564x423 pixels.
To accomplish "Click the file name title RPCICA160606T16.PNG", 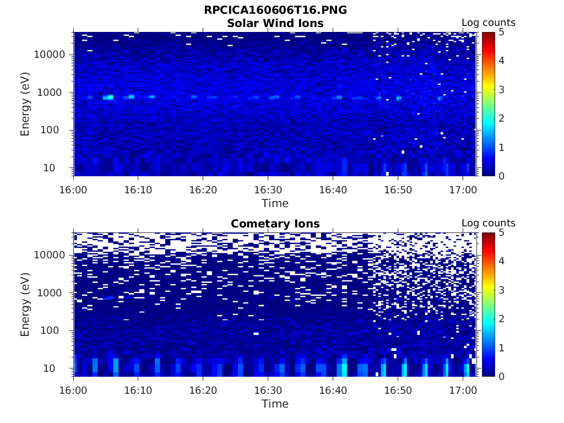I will coord(275,10).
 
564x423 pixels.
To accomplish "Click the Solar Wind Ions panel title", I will coord(275,23).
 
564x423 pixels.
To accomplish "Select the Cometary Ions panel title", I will coord(275,224).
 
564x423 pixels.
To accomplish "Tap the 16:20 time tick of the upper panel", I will coord(203,190).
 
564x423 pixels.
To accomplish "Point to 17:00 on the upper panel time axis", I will coord(463,190).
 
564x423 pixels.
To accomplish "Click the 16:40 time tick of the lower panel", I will coord(333,391).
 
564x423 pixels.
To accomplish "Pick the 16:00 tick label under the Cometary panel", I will coord(74,391).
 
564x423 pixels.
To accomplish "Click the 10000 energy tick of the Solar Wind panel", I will coord(50,55).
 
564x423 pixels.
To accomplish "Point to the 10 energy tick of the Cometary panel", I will coord(58,368).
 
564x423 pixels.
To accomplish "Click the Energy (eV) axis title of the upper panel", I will coord(25,104).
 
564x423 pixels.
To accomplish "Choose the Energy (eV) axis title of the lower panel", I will coord(25,305).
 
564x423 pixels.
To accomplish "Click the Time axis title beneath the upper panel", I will coord(275,203).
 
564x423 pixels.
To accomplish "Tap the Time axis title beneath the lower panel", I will coord(275,404).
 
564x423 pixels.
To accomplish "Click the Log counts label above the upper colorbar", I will coord(488,23).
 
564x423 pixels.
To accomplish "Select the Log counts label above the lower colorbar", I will coord(488,223).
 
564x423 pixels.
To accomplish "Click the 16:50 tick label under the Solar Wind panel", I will coord(398,190).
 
